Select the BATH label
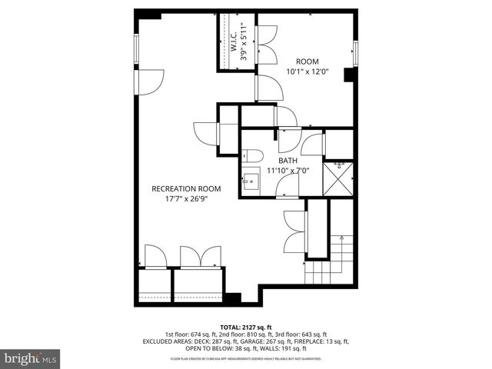tap(288, 161)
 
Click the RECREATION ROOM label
tap(186, 188)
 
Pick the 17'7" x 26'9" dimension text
tap(186, 198)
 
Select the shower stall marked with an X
tap(339, 176)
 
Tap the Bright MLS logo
tap(31, 357)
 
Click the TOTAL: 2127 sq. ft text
tap(245, 327)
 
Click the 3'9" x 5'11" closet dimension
tap(244, 41)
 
